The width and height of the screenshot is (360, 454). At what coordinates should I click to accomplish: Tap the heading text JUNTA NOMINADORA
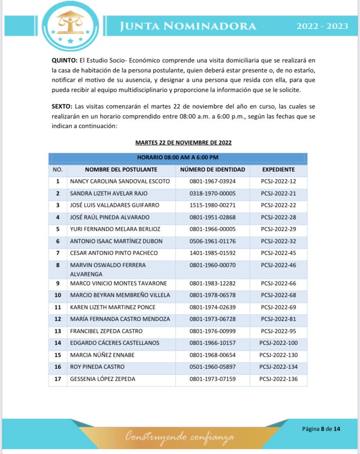[188, 26]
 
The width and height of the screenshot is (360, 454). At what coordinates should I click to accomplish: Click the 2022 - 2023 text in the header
[322, 26]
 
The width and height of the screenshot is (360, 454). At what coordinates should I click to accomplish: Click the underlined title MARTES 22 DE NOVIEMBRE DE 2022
[183, 142]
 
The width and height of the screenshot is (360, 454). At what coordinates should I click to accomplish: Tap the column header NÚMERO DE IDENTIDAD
[212, 169]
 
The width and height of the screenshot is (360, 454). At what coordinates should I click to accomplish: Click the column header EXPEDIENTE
[278, 169]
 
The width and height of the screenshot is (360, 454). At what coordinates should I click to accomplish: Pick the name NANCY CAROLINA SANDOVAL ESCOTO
[120, 181]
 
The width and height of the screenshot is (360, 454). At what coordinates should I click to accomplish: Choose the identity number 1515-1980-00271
[212, 205]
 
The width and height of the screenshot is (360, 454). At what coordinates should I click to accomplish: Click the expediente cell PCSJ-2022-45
[278, 253]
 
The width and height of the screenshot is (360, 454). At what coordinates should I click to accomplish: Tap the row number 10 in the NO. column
[57, 295]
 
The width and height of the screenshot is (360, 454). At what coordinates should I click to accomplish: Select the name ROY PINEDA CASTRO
[97, 367]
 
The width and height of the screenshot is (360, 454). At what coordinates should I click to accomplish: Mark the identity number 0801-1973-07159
[212, 379]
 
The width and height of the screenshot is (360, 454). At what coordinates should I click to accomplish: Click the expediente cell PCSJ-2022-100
[278, 343]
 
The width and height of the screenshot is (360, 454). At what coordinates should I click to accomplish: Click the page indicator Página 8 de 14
[321, 429]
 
